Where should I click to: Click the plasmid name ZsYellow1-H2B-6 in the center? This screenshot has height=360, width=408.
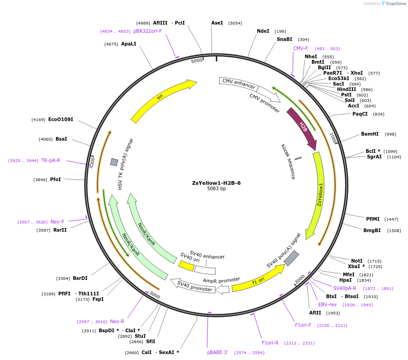(x=216, y=183)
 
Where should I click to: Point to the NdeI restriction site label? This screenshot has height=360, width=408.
(x=263, y=31)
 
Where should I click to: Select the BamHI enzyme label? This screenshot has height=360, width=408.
(x=370, y=134)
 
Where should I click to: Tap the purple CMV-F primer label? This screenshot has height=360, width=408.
(x=301, y=48)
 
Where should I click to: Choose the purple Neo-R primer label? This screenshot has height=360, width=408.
(x=117, y=321)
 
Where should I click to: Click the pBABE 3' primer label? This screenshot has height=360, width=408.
(x=217, y=352)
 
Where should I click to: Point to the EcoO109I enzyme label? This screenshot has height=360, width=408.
(x=61, y=119)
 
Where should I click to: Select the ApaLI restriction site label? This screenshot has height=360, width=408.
(x=128, y=44)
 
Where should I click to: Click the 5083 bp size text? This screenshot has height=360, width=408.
(x=216, y=189)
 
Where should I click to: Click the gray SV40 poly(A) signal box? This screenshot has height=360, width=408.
(x=291, y=258)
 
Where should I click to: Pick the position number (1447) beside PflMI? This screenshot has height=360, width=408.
(x=392, y=219)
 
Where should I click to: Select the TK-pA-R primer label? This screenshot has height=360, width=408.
(x=51, y=160)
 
